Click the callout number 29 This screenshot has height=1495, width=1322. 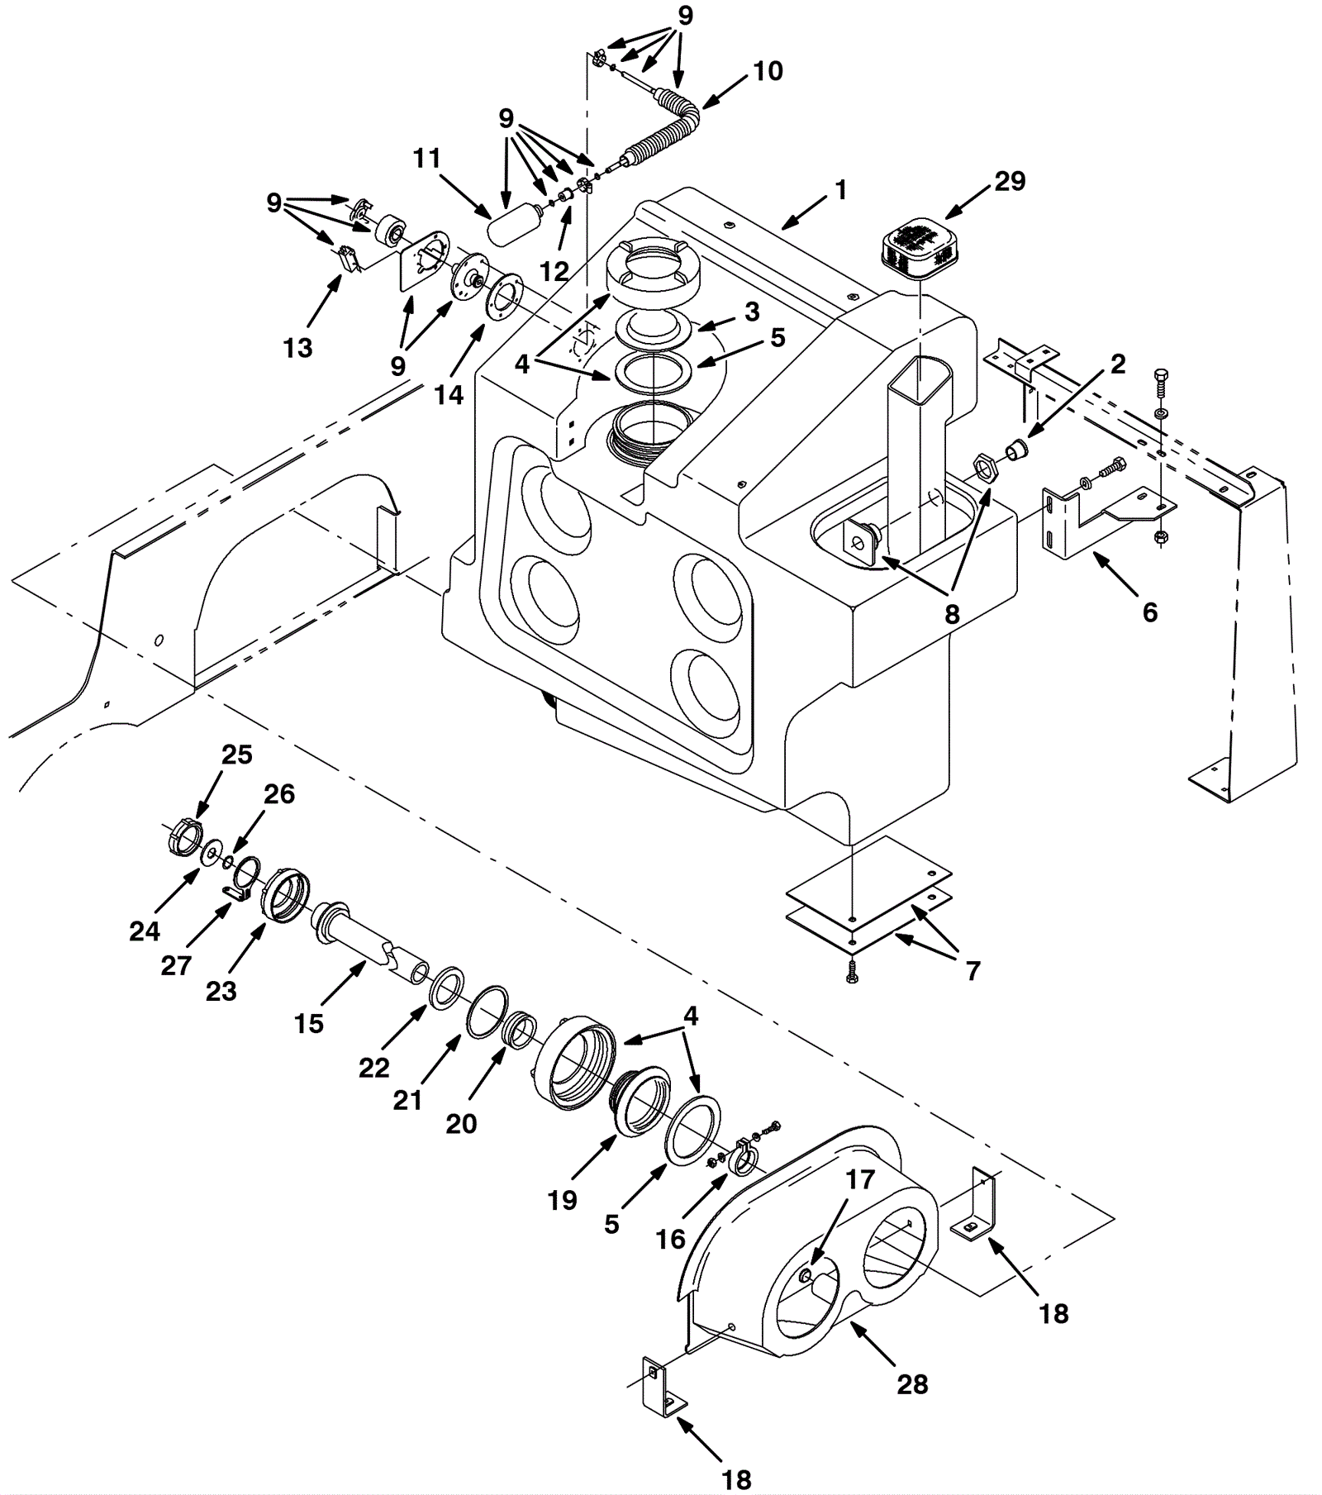[1009, 181]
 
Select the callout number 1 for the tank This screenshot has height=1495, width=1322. [840, 191]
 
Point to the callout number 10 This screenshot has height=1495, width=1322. [768, 71]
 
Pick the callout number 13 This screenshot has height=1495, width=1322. [298, 348]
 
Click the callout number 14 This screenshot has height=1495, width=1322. [449, 395]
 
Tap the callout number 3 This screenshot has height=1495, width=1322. [751, 312]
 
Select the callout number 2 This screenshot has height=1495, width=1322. [1117, 364]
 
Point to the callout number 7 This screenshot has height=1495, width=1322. [972, 971]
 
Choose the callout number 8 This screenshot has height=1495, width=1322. [952, 614]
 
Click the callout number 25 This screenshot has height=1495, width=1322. [236, 755]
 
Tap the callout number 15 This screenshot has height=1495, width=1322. [309, 1024]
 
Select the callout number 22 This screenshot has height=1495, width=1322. [373, 1068]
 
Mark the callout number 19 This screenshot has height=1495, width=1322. [562, 1200]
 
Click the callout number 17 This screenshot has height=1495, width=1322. [859, 1179]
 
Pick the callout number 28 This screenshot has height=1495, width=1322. [912, 1384]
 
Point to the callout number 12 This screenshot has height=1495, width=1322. [554, 271]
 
